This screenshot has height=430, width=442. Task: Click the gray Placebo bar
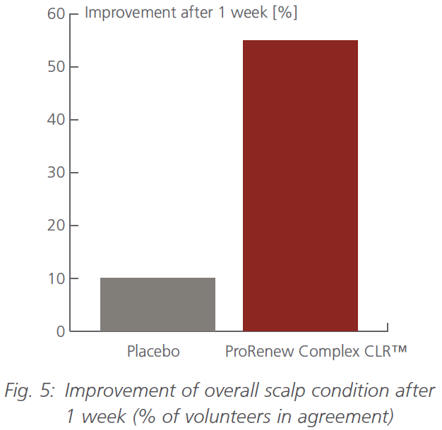(157, 305)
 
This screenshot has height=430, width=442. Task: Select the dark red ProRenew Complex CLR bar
(300, 185)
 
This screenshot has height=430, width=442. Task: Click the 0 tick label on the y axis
(59, 331)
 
